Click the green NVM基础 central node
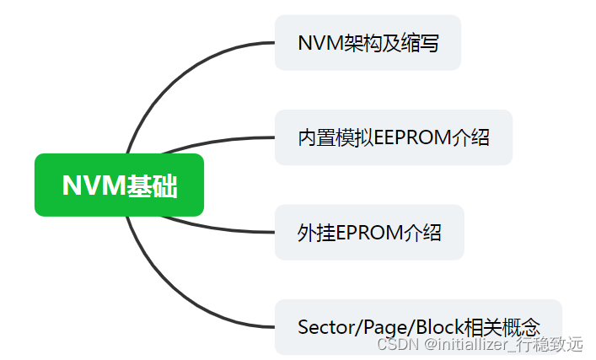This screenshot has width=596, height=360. point(119,185)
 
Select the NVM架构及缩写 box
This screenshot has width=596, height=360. point(368,43)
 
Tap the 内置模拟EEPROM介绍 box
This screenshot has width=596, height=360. point(393,137)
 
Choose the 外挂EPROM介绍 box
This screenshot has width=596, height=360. point(369,233)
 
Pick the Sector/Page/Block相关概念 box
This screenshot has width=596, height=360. point(418,326)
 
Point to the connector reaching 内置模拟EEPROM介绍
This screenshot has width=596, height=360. point(219,140)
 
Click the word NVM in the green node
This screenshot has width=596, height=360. point(94,185)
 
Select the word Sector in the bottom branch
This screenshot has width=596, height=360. point(323,327)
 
